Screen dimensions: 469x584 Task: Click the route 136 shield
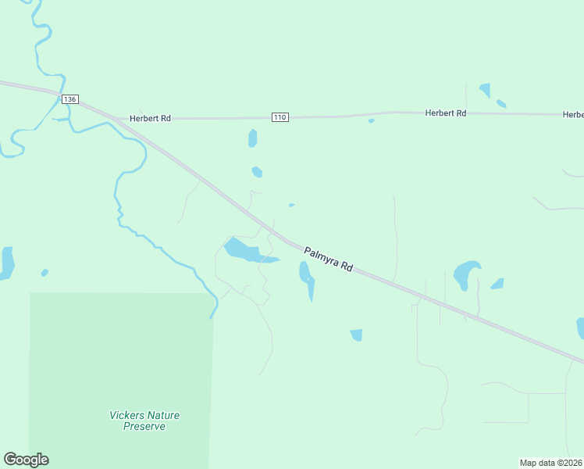(70, 99)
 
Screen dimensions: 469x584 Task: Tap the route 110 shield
(280, 117)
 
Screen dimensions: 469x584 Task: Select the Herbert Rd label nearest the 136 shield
(150, 118)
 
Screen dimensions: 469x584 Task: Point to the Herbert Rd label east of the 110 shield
(446, 113)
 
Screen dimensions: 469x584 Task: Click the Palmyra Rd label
(328, 259)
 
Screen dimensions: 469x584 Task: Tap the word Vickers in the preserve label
(127, 415)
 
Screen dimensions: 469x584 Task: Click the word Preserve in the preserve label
(144, 426)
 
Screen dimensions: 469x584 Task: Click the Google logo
(26, 460)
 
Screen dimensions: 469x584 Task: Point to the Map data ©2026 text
(551, 463)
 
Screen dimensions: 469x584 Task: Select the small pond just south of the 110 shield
(252, 138)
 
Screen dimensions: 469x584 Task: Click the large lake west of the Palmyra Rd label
(245, 251)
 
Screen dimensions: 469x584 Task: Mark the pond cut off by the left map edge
(6, 263)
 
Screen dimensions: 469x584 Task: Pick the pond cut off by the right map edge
(580, 327)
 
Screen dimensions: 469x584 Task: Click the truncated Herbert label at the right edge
(573, 115)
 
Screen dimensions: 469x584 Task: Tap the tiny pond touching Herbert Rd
(371, 120)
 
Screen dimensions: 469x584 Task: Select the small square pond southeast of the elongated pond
(356, 335)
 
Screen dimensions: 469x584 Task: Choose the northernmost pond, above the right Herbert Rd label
(485, 90)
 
